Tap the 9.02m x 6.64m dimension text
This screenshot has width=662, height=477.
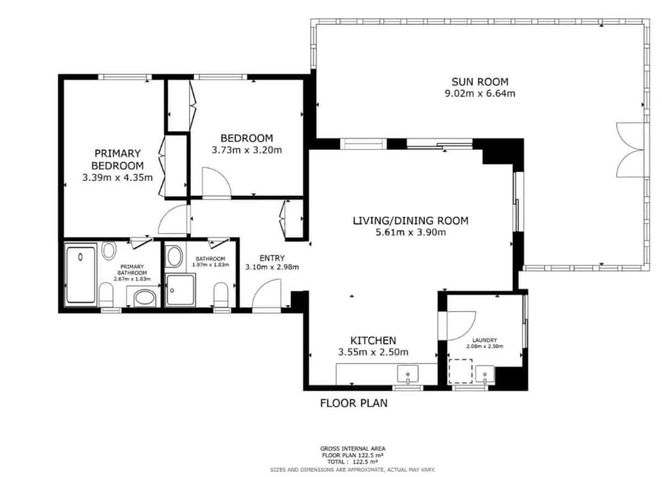coord(480,93)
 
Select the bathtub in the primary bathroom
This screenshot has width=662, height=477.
coord(81,275)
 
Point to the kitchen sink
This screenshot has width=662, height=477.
coord(408,375)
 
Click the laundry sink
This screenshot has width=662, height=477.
coord(485,375)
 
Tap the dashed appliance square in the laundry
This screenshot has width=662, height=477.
coord(460,371)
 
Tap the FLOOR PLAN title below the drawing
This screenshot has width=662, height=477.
coord(354,403)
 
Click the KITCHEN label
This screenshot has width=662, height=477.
coord(373,340)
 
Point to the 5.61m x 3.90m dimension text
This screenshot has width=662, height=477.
coord(410,232)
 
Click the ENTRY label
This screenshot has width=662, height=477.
coord(272,258)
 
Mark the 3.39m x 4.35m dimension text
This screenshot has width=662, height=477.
coord(118,178)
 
